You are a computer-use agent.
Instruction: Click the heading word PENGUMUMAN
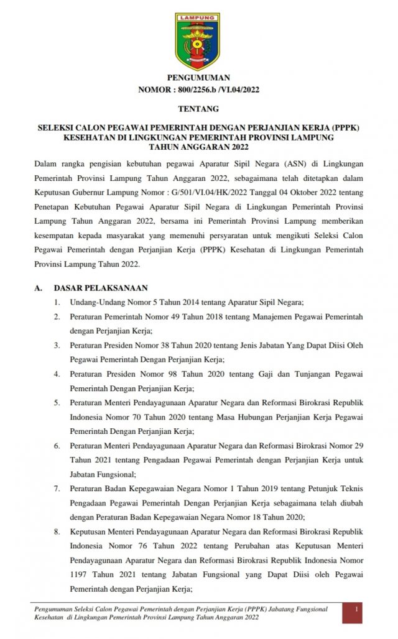[198, 78]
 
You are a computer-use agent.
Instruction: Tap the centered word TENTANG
[198, 109]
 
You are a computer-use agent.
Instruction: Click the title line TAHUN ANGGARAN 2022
[198, 147]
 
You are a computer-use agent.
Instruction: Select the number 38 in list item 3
[163, 346]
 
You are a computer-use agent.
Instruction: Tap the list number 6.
[57, 446]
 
